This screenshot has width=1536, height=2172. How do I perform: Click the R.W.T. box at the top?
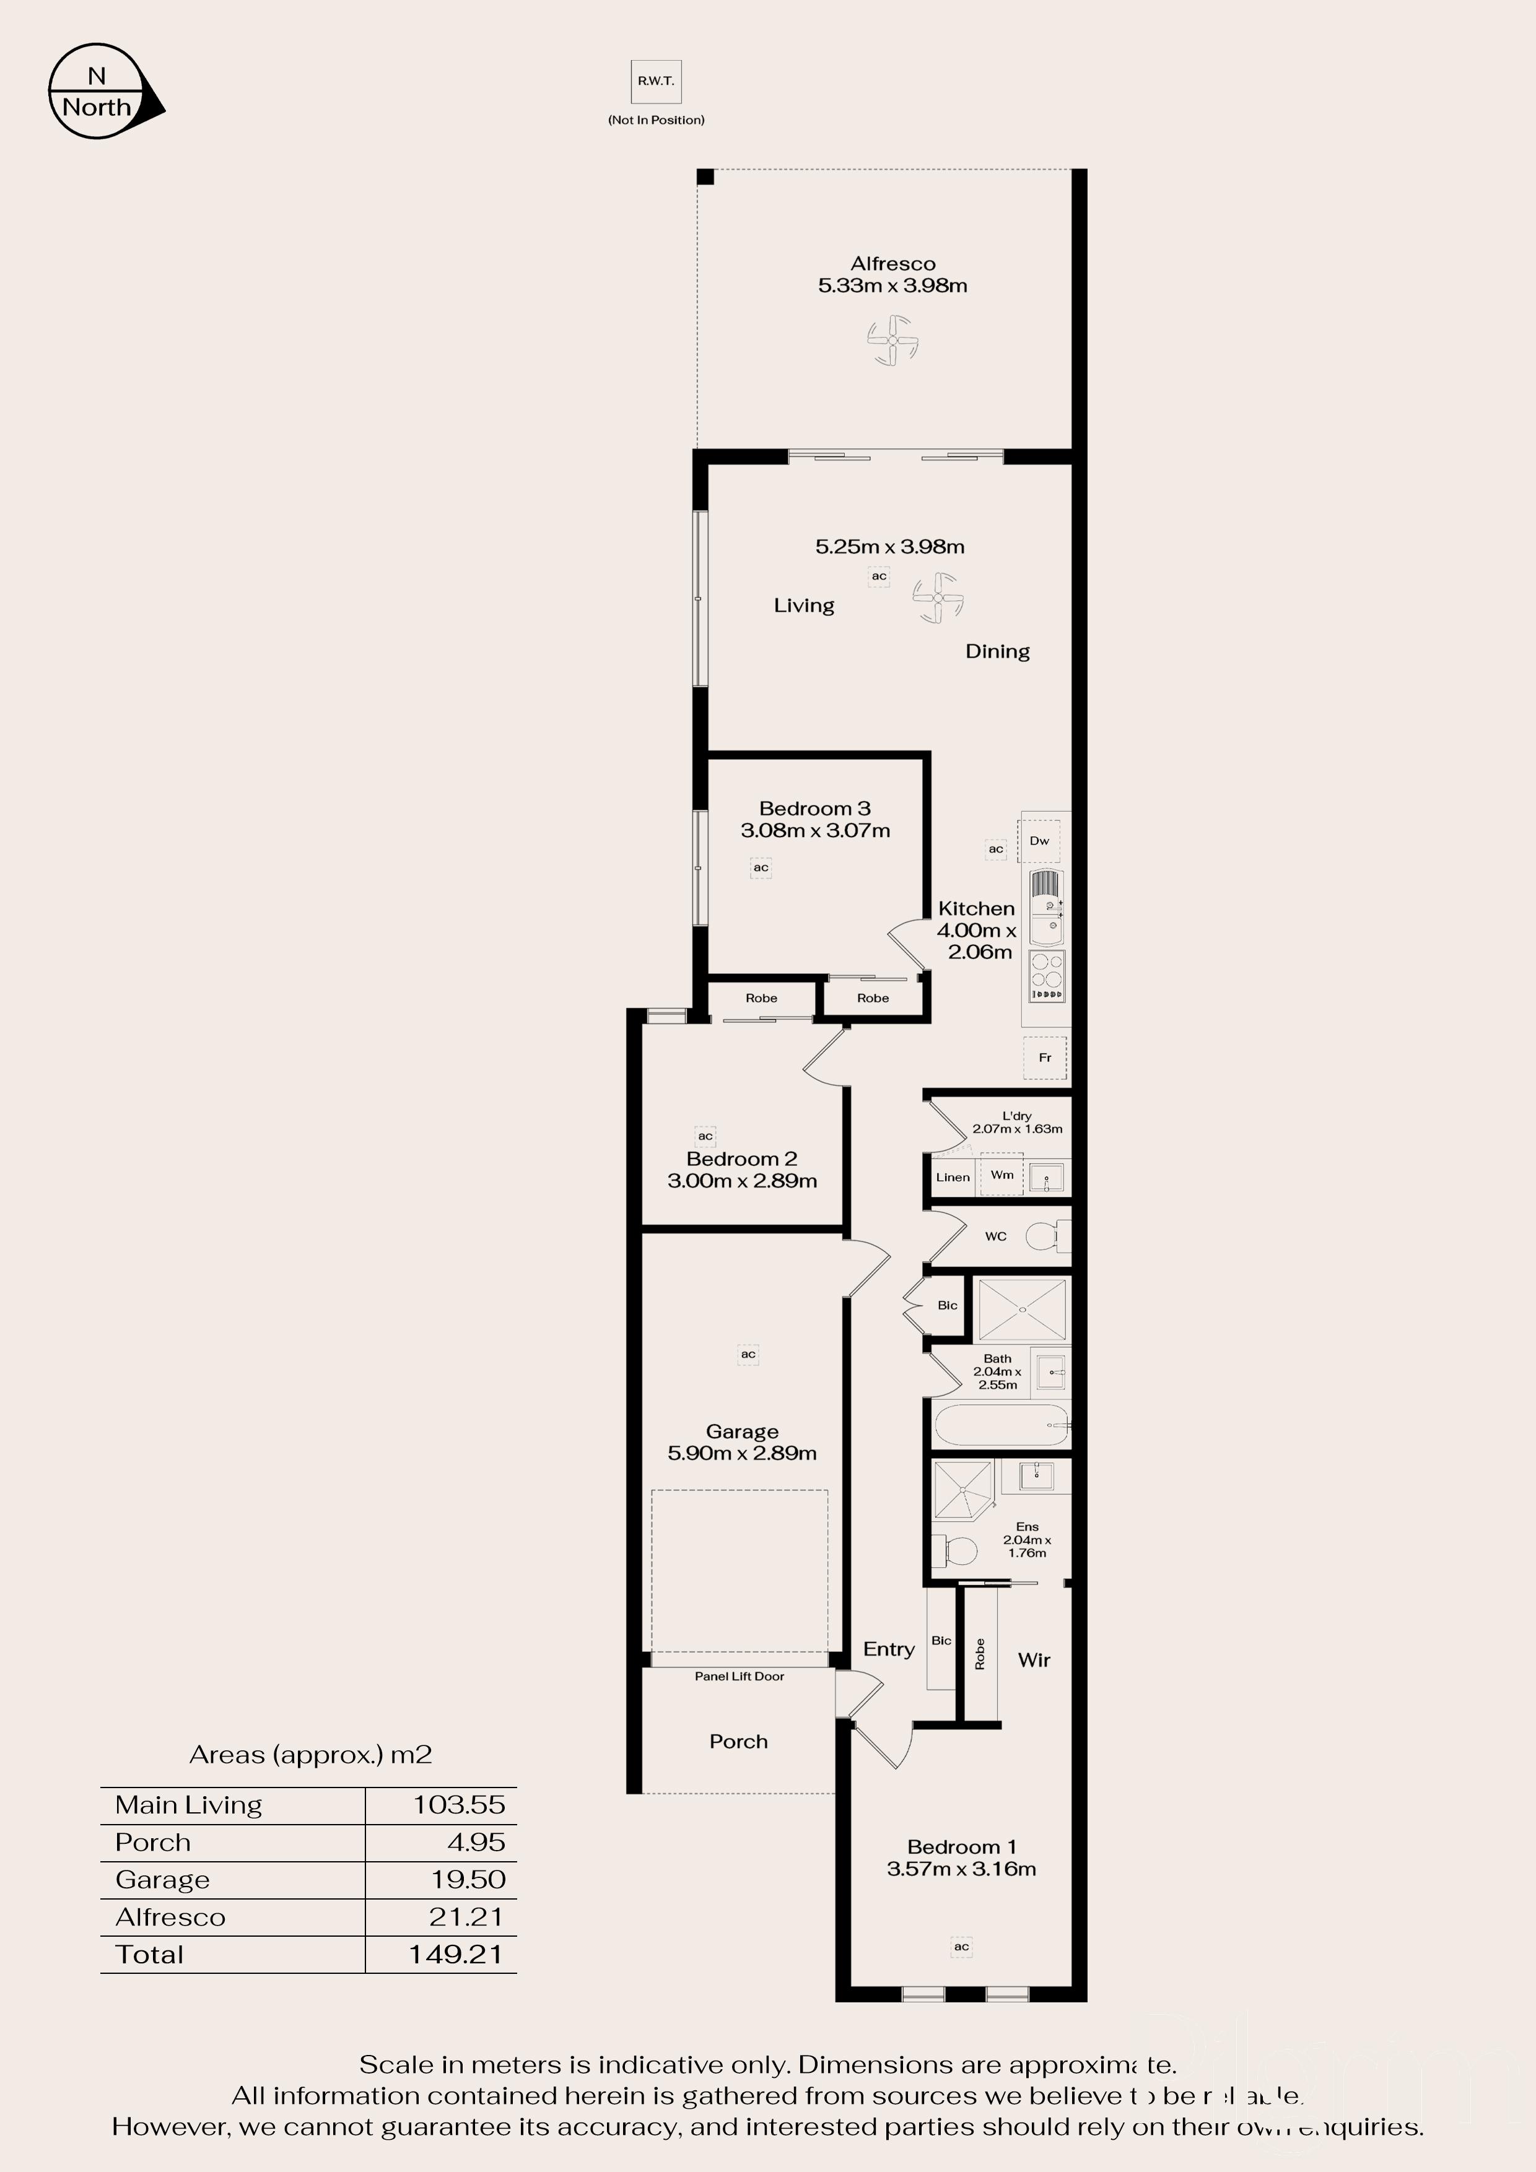(656, 81)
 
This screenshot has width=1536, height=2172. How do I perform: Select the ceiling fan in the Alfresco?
(892, 341)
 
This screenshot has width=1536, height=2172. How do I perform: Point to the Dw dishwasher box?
(1039, 840)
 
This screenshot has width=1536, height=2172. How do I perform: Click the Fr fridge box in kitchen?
(1045, 1058)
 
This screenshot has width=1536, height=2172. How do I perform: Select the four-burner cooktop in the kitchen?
(1047, 975)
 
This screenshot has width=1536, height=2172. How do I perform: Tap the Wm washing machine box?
(1001, 1175)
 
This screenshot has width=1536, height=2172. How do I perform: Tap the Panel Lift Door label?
(739, 1676)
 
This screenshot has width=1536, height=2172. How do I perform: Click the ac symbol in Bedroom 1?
(961, 1946)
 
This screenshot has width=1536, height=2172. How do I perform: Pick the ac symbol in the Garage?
(748, 1353)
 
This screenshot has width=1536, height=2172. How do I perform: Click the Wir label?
(1034, 1660)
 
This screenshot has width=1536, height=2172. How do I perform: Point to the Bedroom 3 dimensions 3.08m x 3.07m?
(815, 830)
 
